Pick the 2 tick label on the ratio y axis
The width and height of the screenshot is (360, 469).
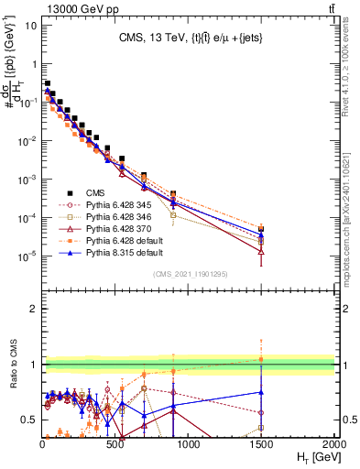tap(31, 309)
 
